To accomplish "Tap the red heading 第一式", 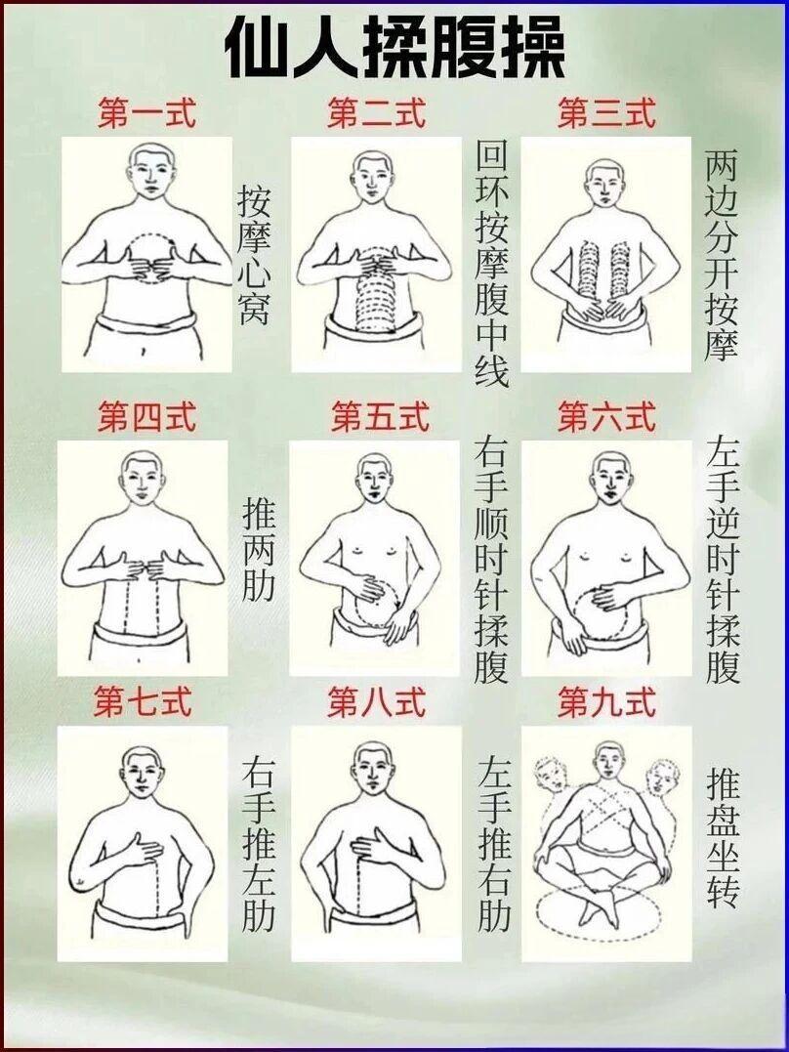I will coord(146,113).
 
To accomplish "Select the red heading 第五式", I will coord(380,417).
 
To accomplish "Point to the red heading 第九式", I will coord(605,701).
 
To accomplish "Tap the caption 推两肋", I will coord(258,552).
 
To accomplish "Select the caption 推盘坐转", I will coord(723,838).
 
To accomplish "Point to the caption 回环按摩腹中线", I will coord(492,264).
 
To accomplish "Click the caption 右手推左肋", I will coord(258,845).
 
